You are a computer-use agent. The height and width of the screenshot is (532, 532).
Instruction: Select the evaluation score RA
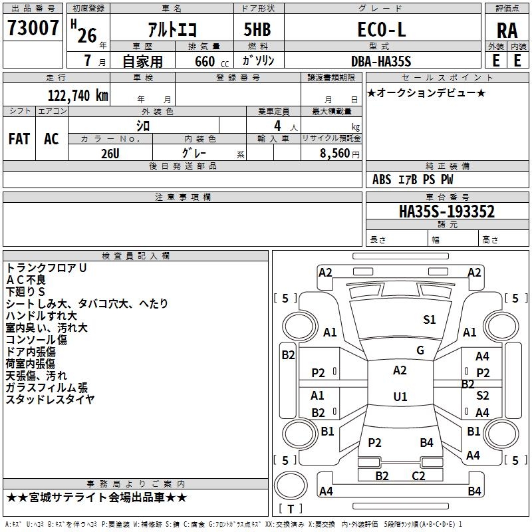click(x=507, y=30)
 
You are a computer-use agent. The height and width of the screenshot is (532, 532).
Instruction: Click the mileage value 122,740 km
click(x=77, y=95)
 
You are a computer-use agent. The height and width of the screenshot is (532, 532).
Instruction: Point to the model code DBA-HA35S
click(x=381, y=61)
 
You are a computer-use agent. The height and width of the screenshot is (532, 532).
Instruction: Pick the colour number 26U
click(x=110, y=153)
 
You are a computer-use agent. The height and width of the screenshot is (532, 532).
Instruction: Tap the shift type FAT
click(x=19, y=139)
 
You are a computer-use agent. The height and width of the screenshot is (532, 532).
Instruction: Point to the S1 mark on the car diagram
click(x=430, y=320)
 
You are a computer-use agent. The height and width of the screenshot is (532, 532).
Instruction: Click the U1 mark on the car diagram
click(x=400, y=396)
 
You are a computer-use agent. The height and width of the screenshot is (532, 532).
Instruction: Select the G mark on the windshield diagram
click(x=420, y=350)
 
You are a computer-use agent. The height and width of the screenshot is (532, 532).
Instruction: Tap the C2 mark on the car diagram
click(x=418, y=475)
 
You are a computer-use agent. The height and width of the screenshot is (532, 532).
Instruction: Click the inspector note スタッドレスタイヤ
click(x=50, y=399)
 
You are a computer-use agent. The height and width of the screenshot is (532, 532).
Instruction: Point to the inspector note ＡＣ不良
click(x=26, y=279)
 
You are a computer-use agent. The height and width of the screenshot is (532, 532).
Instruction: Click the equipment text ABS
click(x=382, y=180)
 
